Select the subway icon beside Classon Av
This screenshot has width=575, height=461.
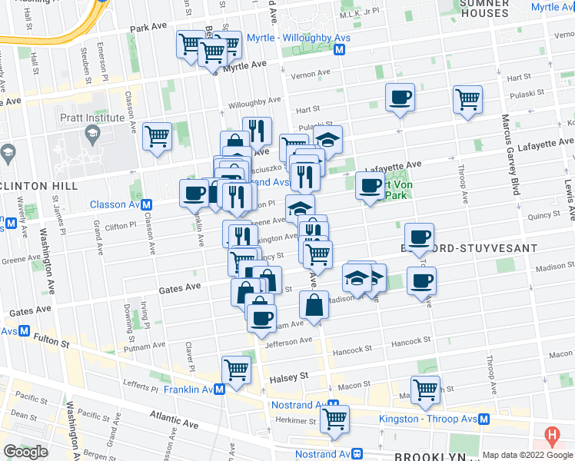point(146,204)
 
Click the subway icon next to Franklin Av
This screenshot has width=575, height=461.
point(219,390)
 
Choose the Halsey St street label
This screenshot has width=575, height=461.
point(288,377)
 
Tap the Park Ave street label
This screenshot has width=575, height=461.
point(148,27)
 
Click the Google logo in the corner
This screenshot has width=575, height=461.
point(25,451)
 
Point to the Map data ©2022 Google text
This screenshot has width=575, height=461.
point(527,455)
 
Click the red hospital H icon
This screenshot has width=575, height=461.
point(551,436)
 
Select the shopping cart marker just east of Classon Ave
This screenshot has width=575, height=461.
point(158,136)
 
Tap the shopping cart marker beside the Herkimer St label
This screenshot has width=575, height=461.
point(335,419)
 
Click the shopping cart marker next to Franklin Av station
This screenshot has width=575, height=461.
point(236,369)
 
